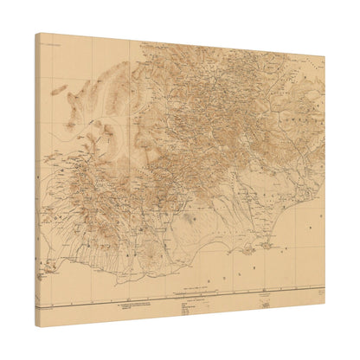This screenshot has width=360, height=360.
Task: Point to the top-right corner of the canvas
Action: point(325,57)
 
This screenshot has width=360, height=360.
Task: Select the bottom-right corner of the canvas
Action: point(325,308)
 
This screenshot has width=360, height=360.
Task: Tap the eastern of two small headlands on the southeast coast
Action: point(250,248)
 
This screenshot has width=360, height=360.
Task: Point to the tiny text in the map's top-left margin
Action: point(52,40)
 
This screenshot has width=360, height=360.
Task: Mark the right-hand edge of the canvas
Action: point(325,182)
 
